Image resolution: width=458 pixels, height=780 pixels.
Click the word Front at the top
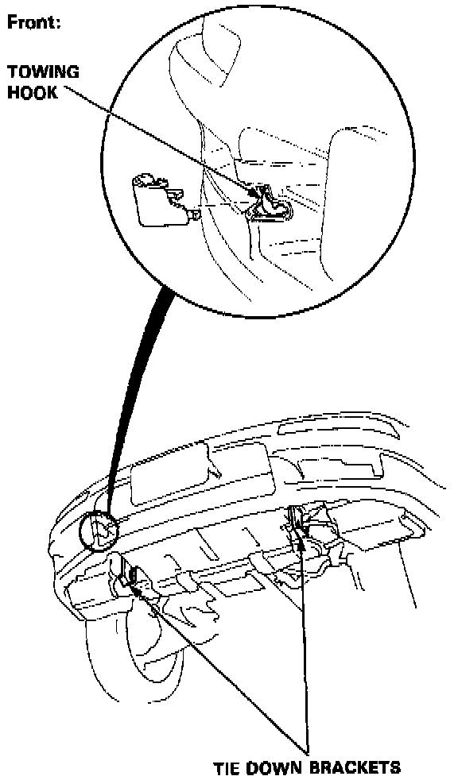(x=34, y=23)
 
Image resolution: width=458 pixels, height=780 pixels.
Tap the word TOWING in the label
(x=43, y=72)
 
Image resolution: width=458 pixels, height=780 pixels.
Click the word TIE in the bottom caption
(x=228, y=767)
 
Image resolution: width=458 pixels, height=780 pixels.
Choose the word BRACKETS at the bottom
(x=355, y=767)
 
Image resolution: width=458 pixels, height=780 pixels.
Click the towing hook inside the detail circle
(x=270, y=205)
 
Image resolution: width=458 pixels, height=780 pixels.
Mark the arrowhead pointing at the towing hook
(x=258, y=192)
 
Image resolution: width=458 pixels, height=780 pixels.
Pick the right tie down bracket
(x=299, y=523)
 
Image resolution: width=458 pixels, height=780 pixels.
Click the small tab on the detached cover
(x=195, y=214)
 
